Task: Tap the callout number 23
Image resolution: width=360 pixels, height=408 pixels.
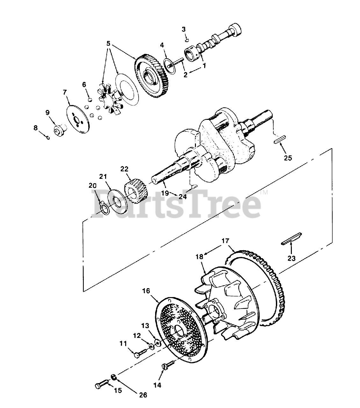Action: tap(291, 258)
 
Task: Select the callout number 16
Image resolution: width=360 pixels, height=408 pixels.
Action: tap(146, 291)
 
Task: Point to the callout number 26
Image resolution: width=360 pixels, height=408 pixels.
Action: tap(143, 395)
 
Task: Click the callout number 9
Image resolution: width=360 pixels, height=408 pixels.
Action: tap(47, 113)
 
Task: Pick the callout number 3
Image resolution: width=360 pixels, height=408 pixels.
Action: tap(184, 29)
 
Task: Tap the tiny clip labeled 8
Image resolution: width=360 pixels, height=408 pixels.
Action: tap(47, 137)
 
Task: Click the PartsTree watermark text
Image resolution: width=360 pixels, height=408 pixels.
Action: tap(177, 205)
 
